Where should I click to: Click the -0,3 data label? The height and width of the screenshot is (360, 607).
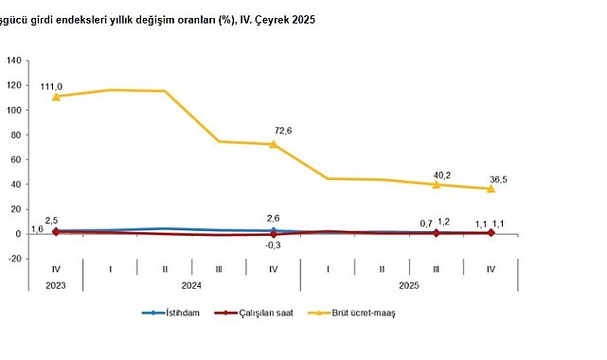pos(274,244)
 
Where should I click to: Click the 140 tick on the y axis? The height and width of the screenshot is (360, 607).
pos(14,61)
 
